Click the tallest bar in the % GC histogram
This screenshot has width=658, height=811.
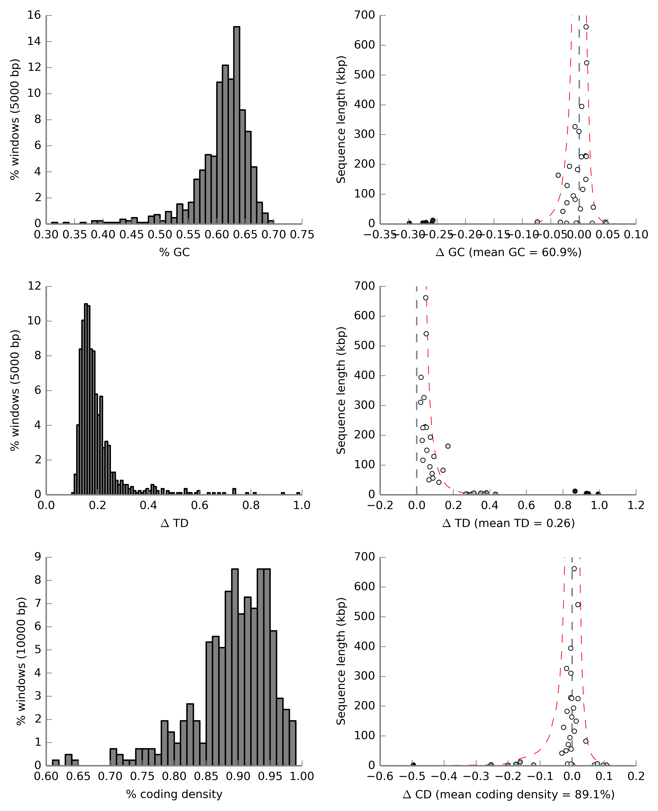point(237,125)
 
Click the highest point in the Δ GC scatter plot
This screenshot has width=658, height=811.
point(586,27)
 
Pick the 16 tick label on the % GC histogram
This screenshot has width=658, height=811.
point(34,15)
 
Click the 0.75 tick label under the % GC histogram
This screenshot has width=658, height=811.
point(302,235)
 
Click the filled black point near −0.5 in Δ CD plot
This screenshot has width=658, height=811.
point(413,765)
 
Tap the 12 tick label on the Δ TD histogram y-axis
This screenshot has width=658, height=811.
point(34,286)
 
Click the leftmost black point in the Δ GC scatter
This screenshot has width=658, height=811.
point(409,223)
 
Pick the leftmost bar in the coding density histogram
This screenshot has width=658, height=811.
point(56,762)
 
